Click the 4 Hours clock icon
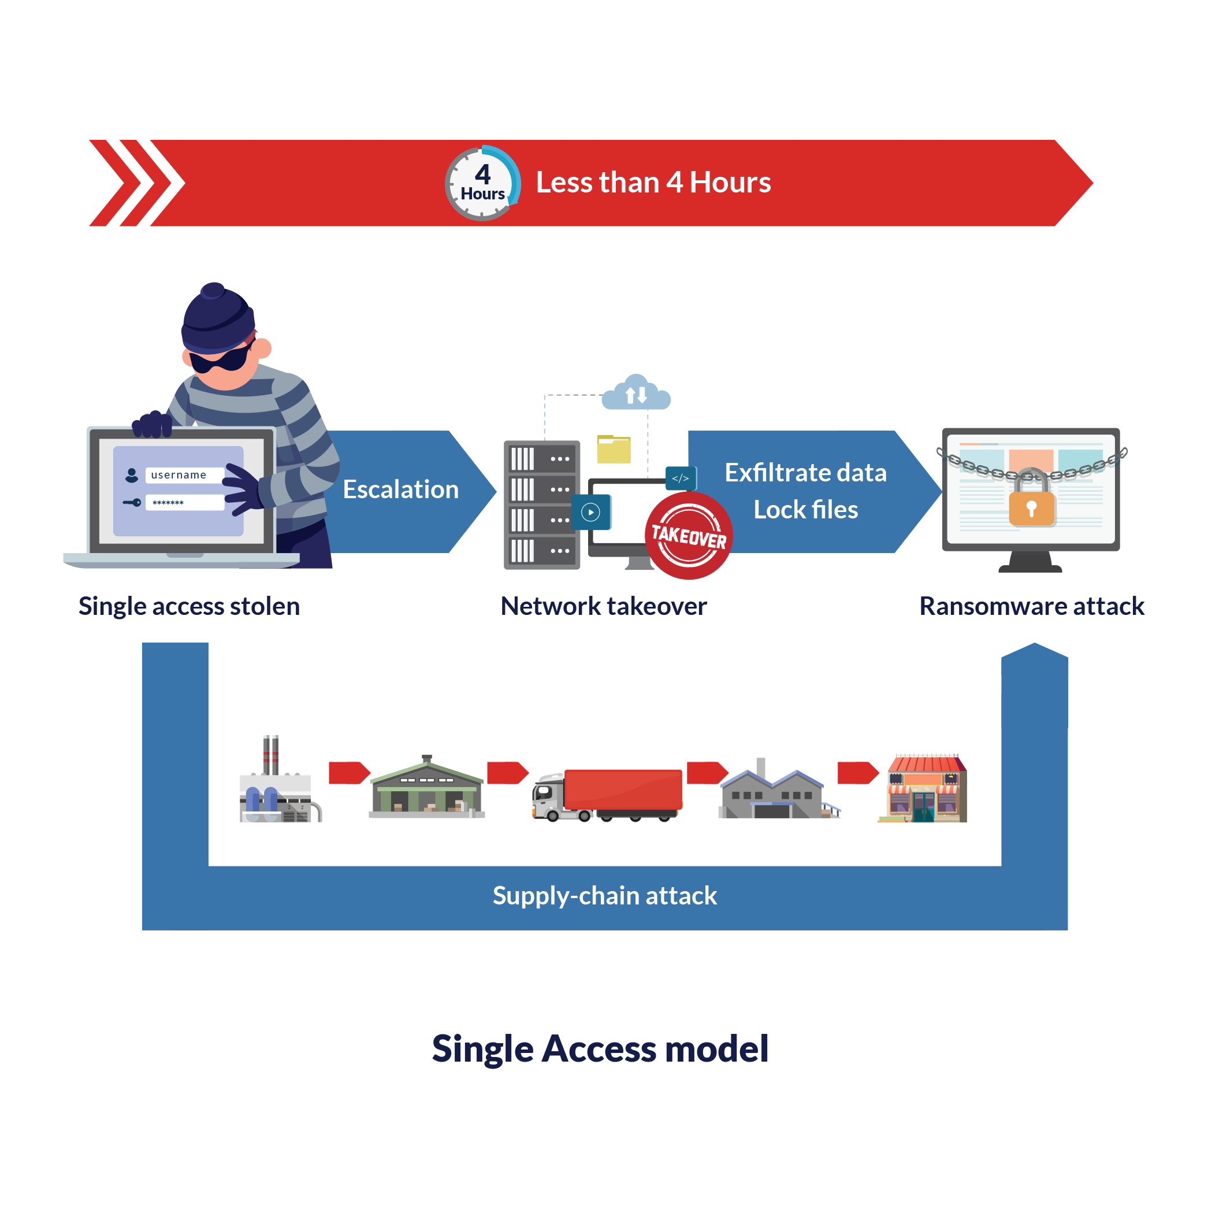482,183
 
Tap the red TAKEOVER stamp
688,536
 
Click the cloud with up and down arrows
636,394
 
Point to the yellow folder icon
613,449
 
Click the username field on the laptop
184,475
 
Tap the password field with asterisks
184,503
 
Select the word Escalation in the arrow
400,489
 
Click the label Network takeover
603,606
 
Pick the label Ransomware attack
1031,606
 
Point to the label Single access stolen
189,606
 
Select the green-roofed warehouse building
427,790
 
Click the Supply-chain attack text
604,896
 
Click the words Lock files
805,509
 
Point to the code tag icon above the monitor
680,478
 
